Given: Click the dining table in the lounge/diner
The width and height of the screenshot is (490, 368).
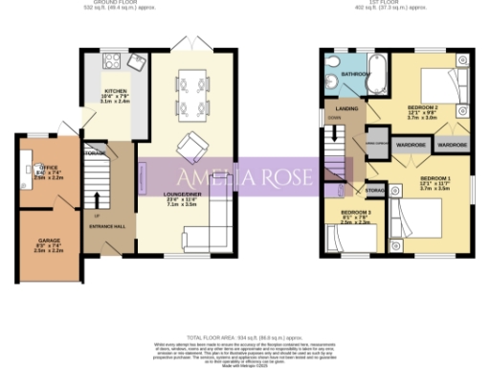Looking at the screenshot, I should point(192,91).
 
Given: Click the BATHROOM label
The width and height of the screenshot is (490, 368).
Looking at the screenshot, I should point(357,74).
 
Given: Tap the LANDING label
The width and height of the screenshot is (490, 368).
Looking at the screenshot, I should point(336,109).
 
